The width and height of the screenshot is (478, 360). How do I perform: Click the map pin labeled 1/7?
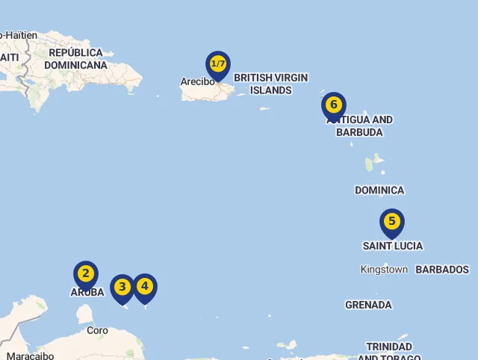[218, 64]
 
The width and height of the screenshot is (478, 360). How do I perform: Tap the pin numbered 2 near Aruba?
[86, 274]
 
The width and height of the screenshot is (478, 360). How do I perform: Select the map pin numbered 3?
[122, 288]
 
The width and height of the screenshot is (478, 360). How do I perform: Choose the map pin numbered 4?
[145, 286]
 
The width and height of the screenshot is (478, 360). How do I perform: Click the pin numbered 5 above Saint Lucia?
[392, 222]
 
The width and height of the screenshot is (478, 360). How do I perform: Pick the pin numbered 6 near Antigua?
[334, 105]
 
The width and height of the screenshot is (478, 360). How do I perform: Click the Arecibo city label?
[197, 81]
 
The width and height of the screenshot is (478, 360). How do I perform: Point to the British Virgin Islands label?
[270, 84]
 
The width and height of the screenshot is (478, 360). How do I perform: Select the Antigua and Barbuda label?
[360, 126]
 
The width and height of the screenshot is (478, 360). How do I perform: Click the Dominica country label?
[379, 190]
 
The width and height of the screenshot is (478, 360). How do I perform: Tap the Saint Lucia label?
[393, 246]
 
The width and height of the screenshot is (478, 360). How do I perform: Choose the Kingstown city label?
[384, 270]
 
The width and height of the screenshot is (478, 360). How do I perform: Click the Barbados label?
[442, 270]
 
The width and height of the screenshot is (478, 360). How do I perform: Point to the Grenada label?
[368, 305]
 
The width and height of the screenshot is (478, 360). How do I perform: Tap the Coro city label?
[97, 330]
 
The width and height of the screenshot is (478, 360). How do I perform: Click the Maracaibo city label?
[30, 355]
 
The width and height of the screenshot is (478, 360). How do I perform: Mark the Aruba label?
[87, 292]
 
